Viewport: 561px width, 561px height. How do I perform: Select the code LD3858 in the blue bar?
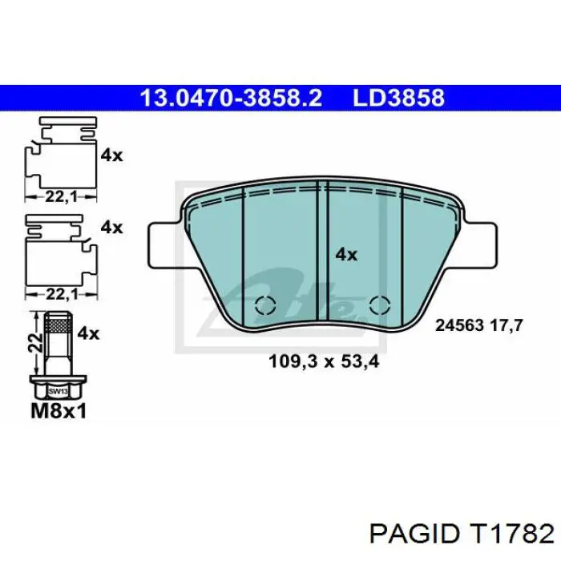click(398, 99)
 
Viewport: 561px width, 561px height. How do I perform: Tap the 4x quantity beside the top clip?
click(112, 155)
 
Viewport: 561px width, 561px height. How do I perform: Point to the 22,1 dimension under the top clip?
click(54, 196)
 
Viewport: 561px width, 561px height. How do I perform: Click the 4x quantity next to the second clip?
click(112, 228)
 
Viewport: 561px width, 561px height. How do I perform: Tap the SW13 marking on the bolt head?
click(57, 392)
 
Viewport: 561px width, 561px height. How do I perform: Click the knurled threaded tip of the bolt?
click(57, 325)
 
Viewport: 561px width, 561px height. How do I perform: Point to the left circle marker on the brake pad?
click(264, 305)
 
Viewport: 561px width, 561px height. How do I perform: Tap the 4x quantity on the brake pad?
click(345, 254)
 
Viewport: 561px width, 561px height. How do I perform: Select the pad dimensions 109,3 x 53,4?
click(323, 361)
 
